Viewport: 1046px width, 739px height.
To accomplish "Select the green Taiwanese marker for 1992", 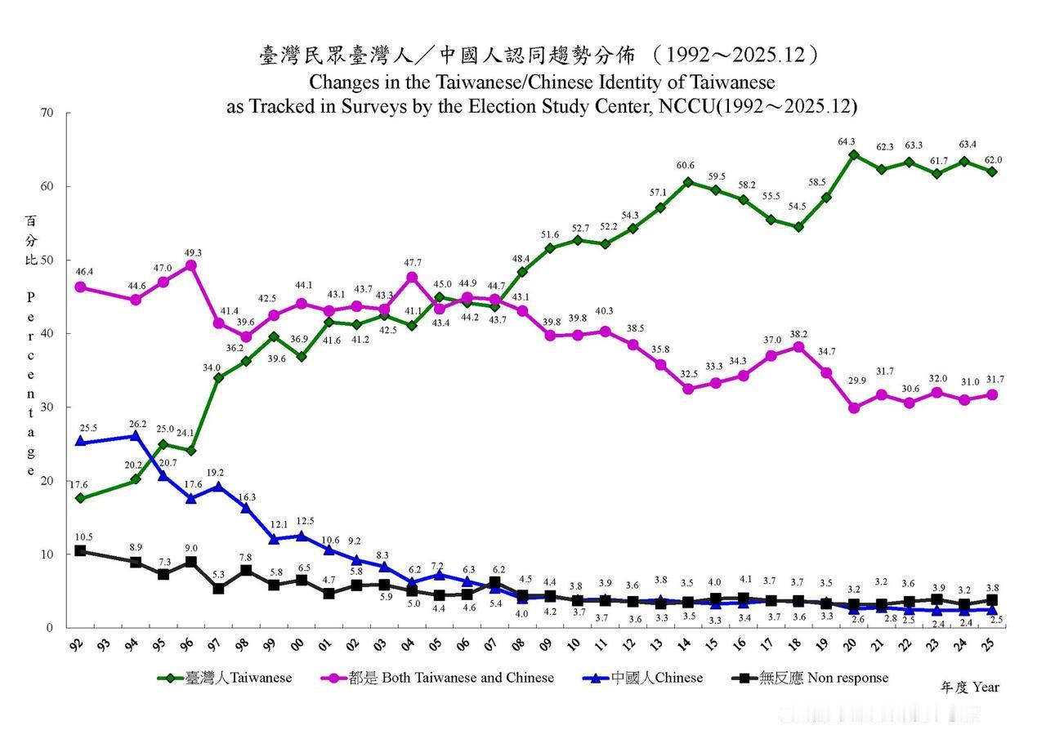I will pos(79,498).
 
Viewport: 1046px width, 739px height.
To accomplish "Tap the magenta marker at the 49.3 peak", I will pos(190,265).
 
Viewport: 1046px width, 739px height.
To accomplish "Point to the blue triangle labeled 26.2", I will pos(135,435).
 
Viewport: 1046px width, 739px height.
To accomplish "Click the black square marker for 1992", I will pos(79,550).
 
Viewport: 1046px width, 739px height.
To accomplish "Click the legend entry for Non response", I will pos(812,678).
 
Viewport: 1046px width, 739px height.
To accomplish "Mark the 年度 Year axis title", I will pos(969,688).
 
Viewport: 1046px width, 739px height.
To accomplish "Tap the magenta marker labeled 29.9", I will pos(854,408).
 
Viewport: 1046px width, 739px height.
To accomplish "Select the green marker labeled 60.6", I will pos(687,182).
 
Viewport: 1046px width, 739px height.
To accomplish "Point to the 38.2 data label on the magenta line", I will pos(798,335).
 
